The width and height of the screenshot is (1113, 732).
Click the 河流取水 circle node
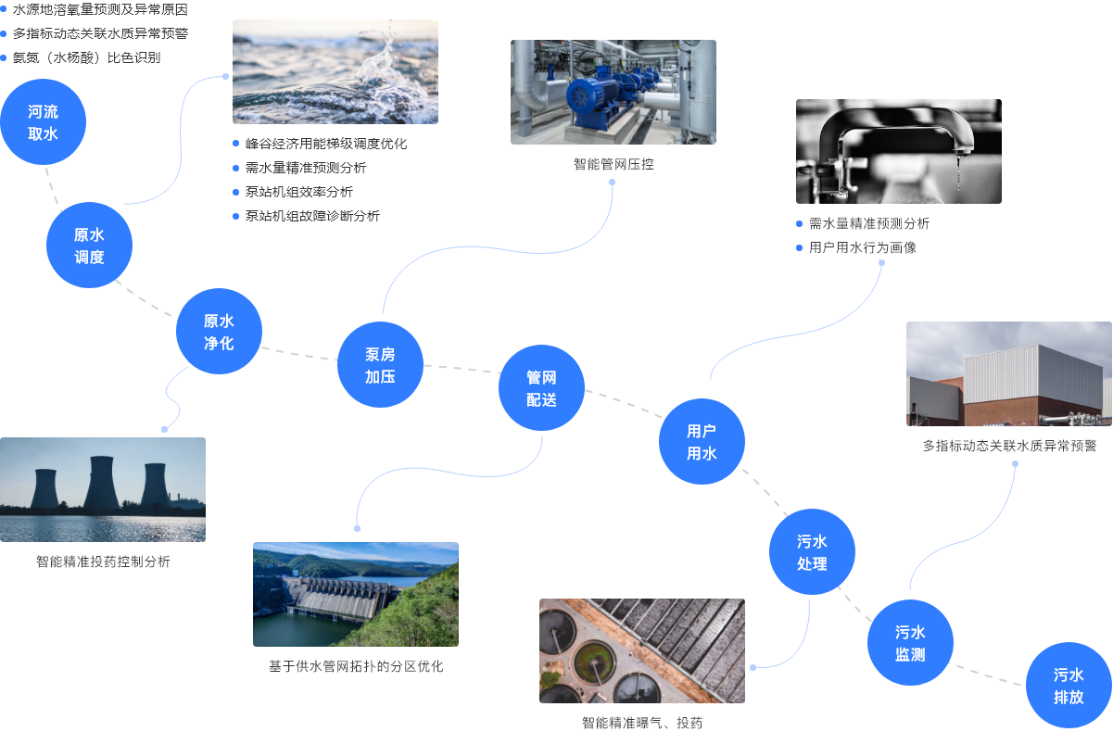[x=43, y=122]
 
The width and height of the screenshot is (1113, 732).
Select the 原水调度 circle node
[x=89, y=246]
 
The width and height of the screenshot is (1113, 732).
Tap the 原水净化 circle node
[x=219, y=332]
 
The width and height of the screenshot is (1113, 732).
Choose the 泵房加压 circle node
[x=380, y=365]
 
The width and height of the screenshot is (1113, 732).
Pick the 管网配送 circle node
[x=541, y=388]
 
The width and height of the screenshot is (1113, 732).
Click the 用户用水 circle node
[x=702, y=442]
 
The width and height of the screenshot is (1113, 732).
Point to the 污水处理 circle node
[x=812, y=552]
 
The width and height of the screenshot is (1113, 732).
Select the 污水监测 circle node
[x=910, y=643]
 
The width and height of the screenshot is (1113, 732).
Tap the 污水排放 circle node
[x=1069, y=686]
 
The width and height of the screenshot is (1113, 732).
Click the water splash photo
[x=335, y=72]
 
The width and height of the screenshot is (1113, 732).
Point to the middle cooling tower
[x=99, y=486]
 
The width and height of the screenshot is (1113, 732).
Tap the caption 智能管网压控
[x=613, y=164]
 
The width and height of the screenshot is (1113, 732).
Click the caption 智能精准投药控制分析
[x=103, y=562]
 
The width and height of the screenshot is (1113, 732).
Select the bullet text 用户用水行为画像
[x=863, y=247]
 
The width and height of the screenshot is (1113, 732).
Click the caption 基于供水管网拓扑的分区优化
[x=356, y=666]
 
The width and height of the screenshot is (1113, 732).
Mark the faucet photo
[x=898, y=151]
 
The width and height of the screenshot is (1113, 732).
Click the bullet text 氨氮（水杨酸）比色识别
[x=86, y=57]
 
